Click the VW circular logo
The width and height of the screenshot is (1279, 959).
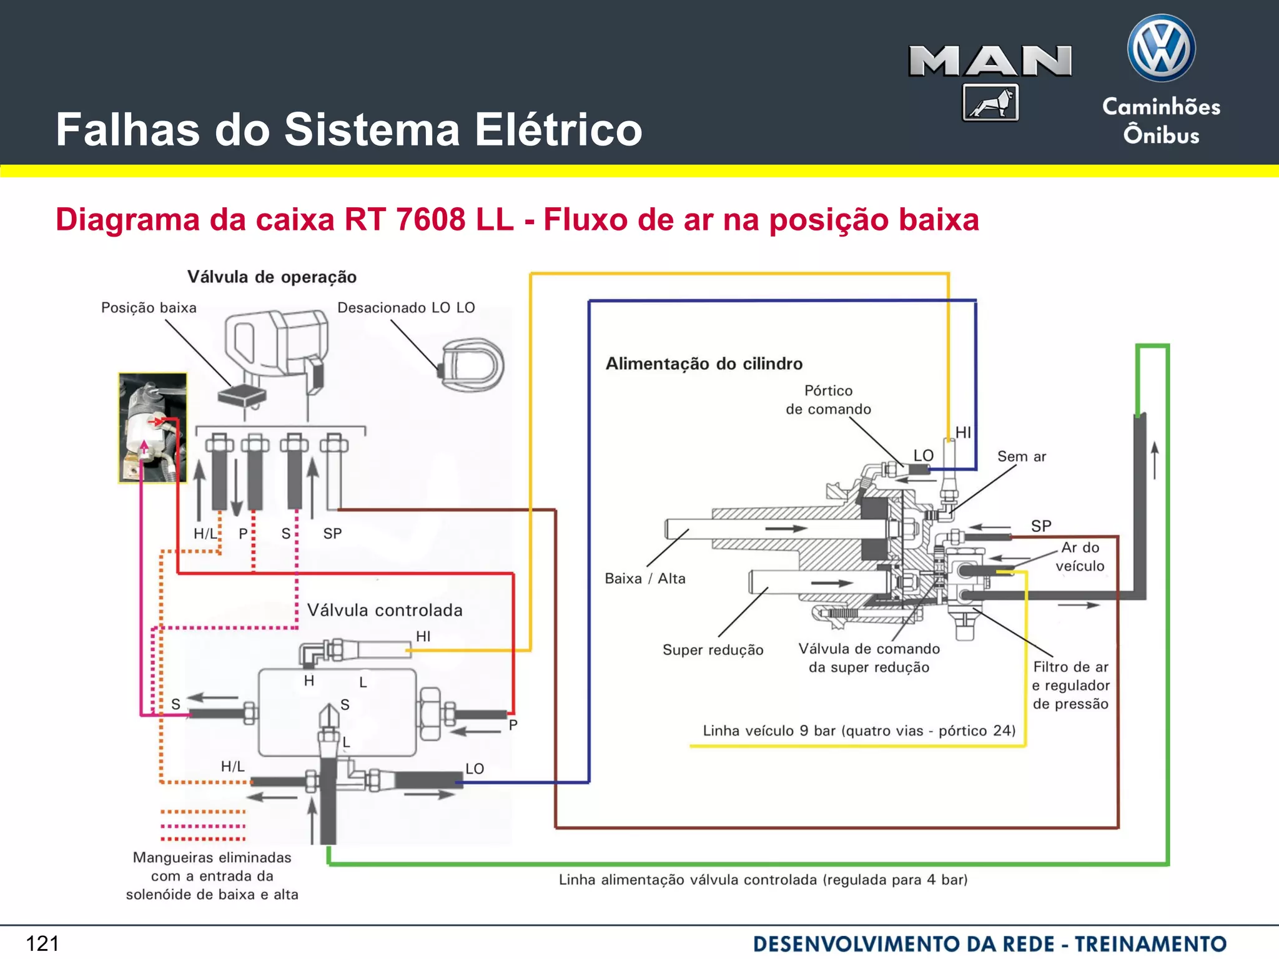click(1161, 49)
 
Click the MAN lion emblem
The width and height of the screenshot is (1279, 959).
click(990, 102)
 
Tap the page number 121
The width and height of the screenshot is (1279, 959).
click(42, 943)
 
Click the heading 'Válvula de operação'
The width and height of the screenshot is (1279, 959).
click(272, 277)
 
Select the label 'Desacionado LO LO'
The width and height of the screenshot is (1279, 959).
click(406, 308)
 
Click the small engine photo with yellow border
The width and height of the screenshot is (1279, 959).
click(153, 428)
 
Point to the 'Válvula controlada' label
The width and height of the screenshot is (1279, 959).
click(385, 610)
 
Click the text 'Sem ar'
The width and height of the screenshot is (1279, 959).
click(1021, 456)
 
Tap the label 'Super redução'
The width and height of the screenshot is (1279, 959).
click(713, 650)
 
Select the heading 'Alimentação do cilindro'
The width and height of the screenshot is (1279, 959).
click(704, 363)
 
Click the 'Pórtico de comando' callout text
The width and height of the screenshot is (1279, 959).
click(828, 400)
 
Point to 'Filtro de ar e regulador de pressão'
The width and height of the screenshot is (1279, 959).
click(1070, 686)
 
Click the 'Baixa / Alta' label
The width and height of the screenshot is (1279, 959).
click(644, 579)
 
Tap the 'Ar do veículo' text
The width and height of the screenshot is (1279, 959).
click(1080, 556)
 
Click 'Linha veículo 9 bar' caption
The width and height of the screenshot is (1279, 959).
click(859, 730)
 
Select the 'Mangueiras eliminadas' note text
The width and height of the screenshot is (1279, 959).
click(212, 875)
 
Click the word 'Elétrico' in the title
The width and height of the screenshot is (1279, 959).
click(558, 130)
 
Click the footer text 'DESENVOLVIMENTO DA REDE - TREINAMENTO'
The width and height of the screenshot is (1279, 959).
click(989, 943)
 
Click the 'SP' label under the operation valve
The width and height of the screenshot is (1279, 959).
click(332, 534)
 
